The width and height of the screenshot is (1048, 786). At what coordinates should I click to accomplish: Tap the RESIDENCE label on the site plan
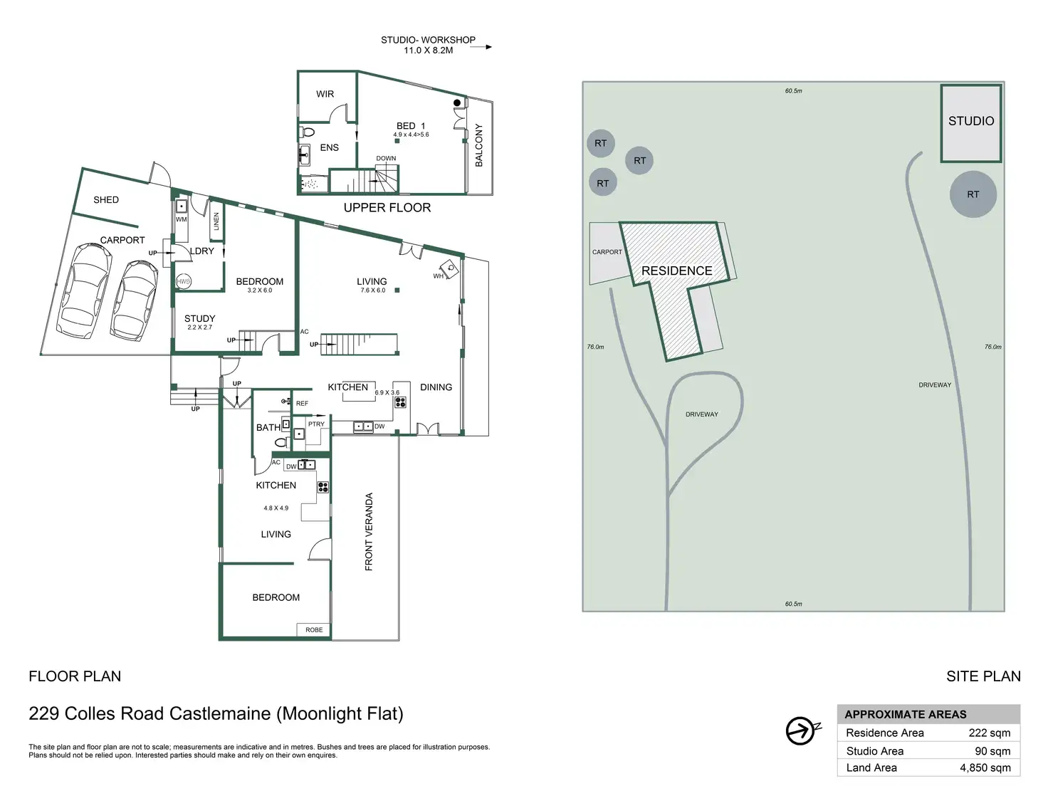coord(676,271)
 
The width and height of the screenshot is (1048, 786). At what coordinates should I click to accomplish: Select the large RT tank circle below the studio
coord(973,194)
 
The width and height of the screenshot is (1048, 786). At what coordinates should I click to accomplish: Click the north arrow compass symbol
coord(802,730)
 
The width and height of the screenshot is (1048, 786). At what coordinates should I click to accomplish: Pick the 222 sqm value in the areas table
coord(989,733)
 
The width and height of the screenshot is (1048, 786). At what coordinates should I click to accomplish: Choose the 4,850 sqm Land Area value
coord(985,767)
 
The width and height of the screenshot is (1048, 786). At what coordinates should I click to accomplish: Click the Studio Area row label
coord(874,751)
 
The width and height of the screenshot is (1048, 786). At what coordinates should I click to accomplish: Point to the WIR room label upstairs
coord(325,94)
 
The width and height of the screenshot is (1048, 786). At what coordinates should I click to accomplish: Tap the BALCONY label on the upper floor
coord(478,145)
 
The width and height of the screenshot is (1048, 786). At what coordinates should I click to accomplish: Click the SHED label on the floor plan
coord(106,200)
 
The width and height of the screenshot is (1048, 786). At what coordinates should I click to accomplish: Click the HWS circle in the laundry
coord(184,281)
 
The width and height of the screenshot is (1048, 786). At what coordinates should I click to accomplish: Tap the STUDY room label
coord(199,318)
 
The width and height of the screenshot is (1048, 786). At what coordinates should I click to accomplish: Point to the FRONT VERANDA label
coord(369,531)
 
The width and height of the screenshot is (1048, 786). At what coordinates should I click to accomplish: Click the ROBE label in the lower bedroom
coord(314,630)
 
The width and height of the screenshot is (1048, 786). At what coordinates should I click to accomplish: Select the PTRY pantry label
coord(316,424)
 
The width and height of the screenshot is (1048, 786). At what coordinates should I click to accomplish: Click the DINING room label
coord(436,387)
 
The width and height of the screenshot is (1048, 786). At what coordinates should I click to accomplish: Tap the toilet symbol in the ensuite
coord(308,132)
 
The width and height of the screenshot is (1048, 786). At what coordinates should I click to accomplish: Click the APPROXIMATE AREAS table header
coord(905,714)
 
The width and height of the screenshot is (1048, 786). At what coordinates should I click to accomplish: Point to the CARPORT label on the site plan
coord(607,252)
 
